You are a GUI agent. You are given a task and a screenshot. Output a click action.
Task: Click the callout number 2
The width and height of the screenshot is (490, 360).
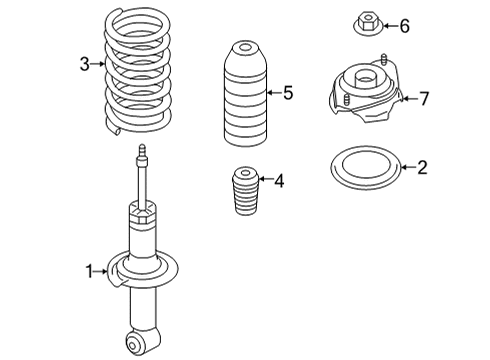tap(421, 167)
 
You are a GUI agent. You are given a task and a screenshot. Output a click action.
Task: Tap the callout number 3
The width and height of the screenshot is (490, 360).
tap(85, 65)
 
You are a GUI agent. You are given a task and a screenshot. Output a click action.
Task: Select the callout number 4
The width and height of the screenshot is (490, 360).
tap(278, 181)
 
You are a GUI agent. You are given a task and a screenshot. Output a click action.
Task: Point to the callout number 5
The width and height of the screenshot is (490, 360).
tap(287, 94)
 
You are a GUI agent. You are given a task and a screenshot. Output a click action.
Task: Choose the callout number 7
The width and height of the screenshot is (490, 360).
tap(423, 98)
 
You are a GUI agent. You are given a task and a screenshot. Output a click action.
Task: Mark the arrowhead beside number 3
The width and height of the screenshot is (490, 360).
tap(102, 65)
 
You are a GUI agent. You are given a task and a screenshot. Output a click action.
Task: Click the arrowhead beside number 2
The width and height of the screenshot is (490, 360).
tap(403, 167)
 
